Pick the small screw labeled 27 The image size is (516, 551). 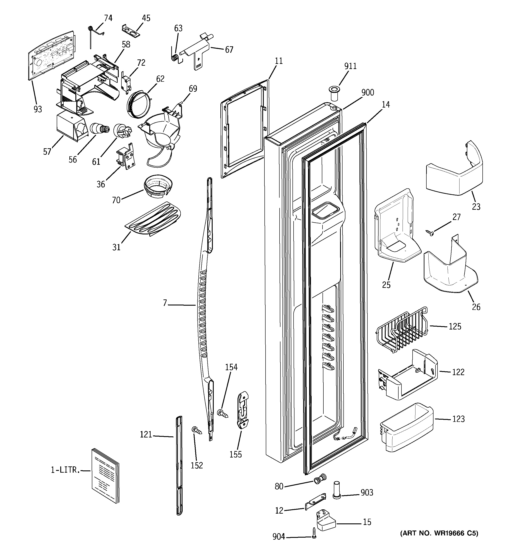430,232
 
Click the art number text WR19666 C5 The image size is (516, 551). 439,533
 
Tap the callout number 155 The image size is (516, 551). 236,454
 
